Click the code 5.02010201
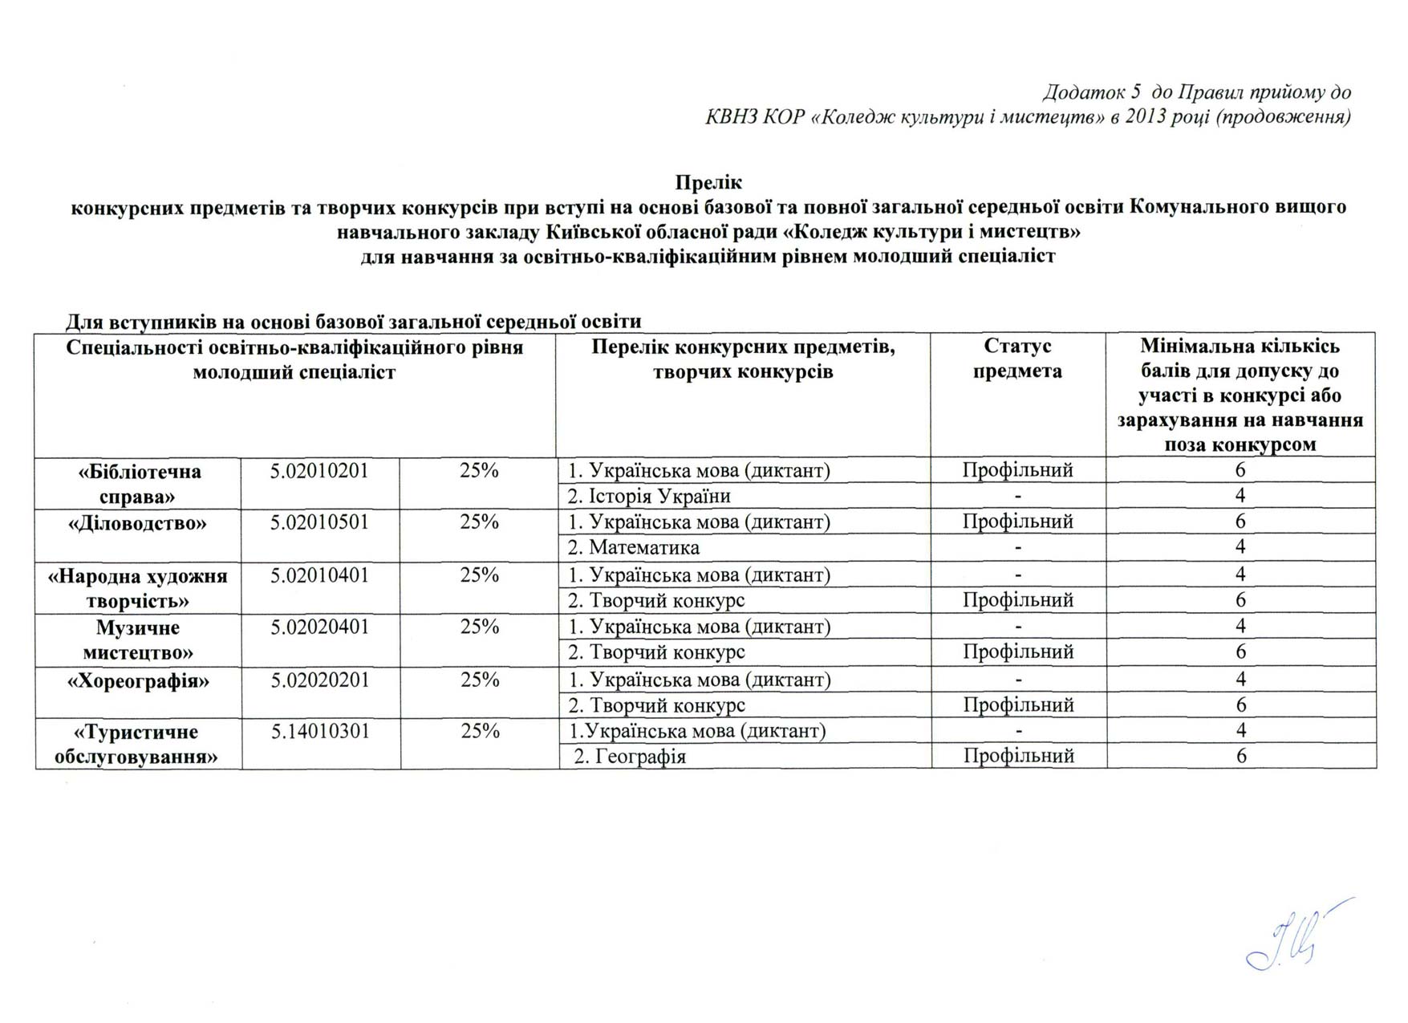pos(319,471)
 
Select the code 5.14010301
pos(320,732)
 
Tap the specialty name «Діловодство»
pos(137,523)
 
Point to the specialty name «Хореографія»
pos(138,681)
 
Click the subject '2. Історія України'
pos(649,497)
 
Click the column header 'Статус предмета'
pos(1017,359)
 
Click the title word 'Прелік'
pos(708,182)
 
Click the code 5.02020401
pos(319,627)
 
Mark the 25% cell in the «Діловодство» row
pos(479,522)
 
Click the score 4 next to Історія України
pos(1240,496)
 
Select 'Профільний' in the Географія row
pos(1018,756)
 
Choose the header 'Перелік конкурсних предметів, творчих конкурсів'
pos(743,359)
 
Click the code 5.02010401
pos(319,575)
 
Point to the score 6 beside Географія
pos(1241,756)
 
